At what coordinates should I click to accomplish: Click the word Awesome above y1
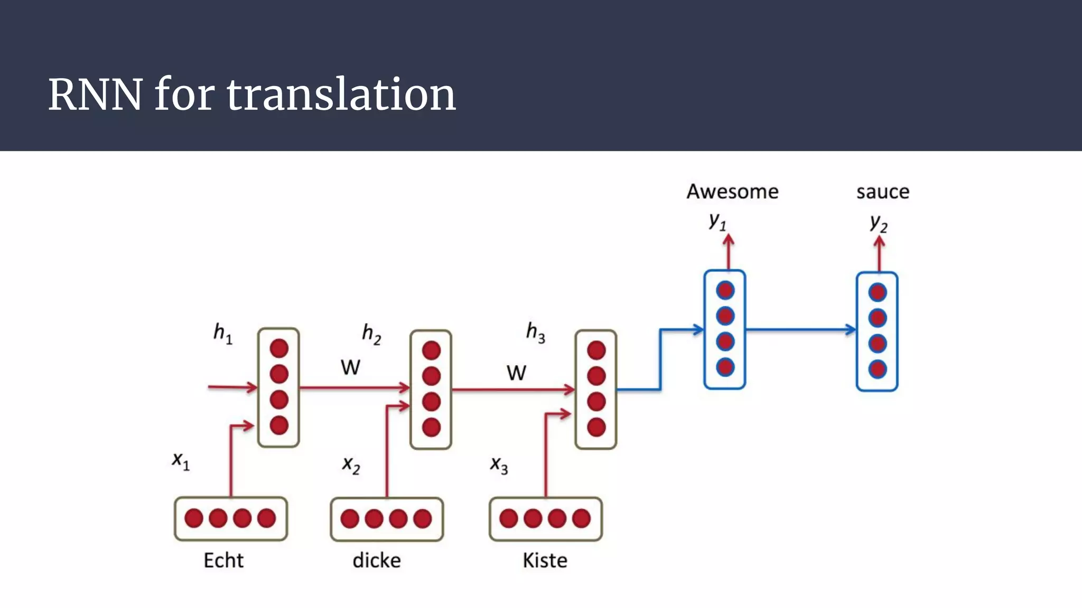click(x=732, y=192)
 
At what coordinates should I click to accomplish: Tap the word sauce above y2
click(x=883, y=192)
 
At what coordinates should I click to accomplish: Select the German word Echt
click(x=223, y=560)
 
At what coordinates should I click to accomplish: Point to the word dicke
click(x=377, y=560)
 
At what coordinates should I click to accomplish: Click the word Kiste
click(x=545, y=560)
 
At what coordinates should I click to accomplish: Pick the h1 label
click(x=222, y=333)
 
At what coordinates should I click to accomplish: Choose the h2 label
click(x=371, y=334)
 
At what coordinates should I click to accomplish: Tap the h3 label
click(x=535, y=332)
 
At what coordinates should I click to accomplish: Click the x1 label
click(x=181, y=460)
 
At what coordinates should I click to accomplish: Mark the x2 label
click(x=351, y=465)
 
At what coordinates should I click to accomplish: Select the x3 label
click(x=499, y=465)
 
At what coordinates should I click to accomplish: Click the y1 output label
click(x=717, y=221)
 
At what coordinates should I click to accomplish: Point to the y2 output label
click(x=879, y=223)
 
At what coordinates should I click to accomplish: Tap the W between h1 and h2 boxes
click(x=350, y=367)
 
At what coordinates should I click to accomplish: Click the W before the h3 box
click(x=516, y=373)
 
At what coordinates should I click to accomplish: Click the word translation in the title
click(x=341, y=94)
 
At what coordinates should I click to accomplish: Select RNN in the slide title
click(x=95, y=94)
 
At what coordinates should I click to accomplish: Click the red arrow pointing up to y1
click(x=729, y=252)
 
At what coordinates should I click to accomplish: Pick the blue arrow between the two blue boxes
click(x=800, y=330)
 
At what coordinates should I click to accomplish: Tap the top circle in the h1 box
click(x=279, y=348)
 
